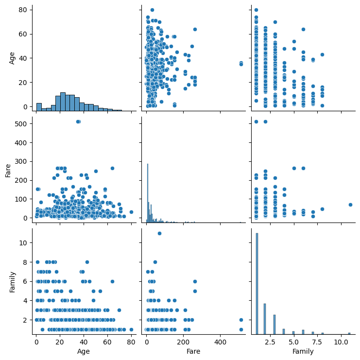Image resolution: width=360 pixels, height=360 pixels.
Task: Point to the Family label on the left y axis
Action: [13, 282]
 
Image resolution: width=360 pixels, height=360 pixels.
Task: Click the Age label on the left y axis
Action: [13, 57]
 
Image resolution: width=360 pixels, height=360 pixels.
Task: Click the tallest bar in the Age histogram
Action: [63, 101]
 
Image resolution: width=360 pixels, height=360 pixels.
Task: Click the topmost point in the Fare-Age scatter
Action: [152, 10]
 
